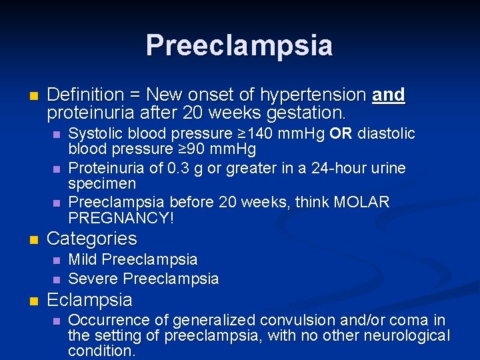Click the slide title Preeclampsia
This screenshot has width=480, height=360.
tap(239, 45)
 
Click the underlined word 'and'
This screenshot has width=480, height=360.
tap(389, 95)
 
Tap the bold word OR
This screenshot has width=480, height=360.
tap(341, 135)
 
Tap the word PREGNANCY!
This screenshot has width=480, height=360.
tap(121, 217)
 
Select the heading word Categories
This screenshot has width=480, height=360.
tap(92, 239)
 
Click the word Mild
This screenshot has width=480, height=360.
tap(84, 259)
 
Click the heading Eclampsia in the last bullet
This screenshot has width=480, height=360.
tap(90, 299)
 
